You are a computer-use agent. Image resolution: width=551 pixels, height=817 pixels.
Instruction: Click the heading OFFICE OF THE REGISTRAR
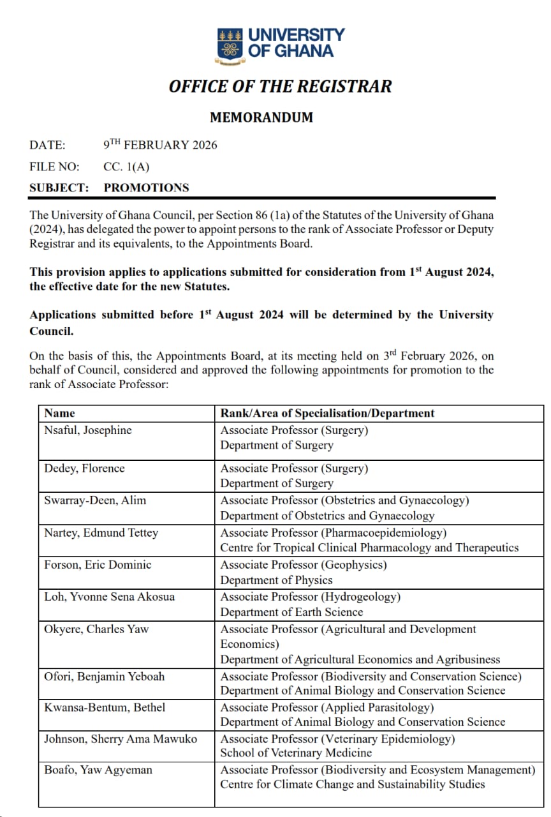(280, 86)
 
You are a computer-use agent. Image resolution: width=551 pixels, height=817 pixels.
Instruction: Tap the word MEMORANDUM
(261, 117)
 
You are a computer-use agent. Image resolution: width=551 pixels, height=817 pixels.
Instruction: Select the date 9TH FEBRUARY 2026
(160, 145)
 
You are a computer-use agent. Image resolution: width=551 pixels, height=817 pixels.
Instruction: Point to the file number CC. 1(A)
(126, 167)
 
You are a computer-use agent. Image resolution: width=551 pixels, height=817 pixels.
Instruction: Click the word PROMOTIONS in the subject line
(147, 188)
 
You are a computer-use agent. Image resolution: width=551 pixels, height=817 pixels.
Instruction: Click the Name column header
(59, 413)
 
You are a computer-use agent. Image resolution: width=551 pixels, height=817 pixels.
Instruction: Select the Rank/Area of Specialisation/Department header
(327, 413)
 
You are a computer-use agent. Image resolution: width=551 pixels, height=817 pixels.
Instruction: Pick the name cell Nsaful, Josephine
(88, 430)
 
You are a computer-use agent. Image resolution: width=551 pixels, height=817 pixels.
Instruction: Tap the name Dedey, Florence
(84, 468)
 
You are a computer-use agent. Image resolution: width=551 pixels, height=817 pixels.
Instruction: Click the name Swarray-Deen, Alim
(95, 500)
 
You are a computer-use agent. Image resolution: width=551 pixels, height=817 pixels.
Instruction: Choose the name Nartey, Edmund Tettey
(101, 532)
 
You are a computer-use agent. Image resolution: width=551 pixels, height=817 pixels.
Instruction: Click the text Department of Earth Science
(291, 612)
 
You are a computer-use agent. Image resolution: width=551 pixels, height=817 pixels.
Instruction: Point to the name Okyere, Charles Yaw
(96, 629)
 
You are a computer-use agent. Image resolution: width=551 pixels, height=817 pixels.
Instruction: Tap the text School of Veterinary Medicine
(296, 753)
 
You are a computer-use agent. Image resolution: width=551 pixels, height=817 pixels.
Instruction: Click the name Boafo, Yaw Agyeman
(98, 770)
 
